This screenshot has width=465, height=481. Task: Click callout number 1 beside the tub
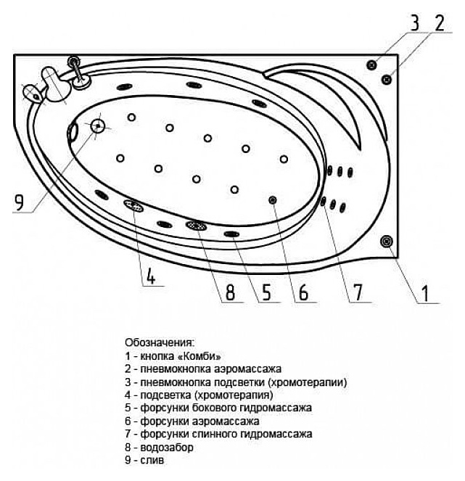426,293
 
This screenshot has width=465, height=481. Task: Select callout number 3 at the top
414,22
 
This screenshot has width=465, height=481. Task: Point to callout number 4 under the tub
150,276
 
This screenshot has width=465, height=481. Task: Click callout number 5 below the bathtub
266,292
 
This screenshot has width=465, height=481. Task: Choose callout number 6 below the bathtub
303,292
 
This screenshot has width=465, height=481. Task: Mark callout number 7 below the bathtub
356,292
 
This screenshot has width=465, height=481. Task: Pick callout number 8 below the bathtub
229,292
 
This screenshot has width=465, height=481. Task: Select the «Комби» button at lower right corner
387,240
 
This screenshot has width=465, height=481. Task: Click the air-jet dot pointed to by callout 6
273,200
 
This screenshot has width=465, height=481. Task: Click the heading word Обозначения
159,341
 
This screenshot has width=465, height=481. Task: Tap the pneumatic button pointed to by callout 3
372,64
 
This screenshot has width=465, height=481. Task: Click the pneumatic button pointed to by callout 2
388,77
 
